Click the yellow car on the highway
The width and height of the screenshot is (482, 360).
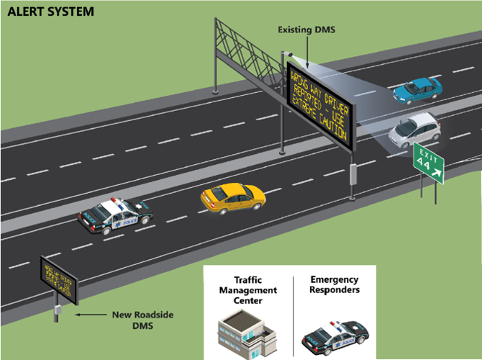232,197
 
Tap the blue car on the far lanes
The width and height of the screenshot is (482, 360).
417,90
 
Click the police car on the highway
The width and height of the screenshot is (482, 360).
115,215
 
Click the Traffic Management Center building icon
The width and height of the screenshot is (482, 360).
246,332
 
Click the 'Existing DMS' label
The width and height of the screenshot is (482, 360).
306,30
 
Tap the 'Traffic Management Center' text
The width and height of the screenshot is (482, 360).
246,290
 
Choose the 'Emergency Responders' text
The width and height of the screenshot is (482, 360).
335,284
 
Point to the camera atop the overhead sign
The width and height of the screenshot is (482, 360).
289,54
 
